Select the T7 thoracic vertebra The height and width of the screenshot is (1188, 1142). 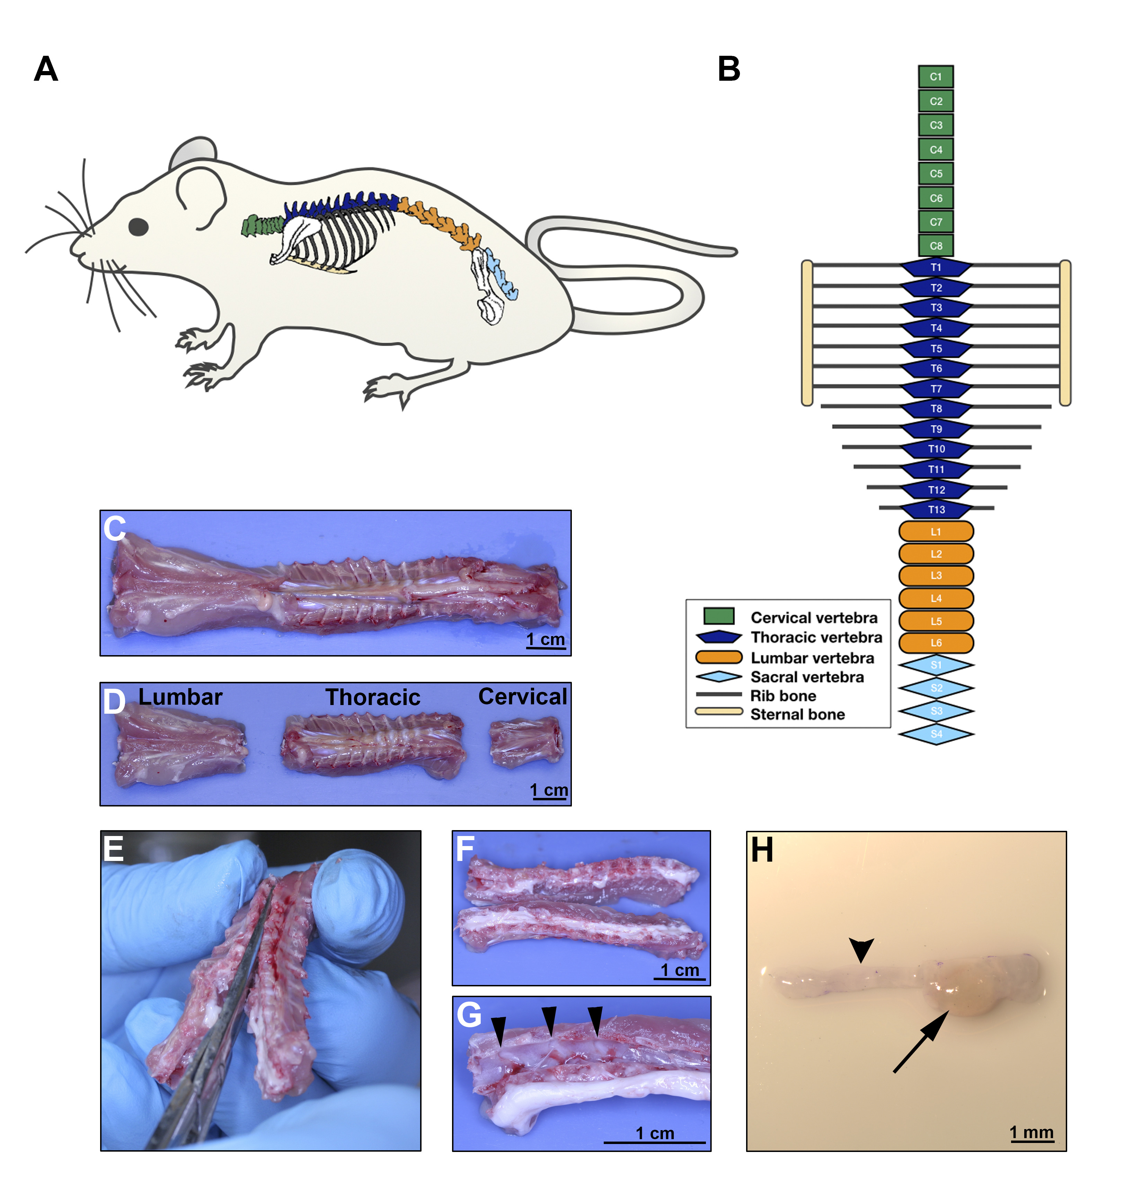click(x=936, y=388)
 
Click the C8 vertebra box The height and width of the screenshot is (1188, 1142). click(x=936, y=246)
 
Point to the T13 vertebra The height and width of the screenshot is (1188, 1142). click(x=936, y=510)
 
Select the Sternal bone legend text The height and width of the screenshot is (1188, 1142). click(x=797, y=715)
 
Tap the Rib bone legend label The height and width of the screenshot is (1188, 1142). click(x=783, y=696)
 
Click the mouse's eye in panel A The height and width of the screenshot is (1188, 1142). click(x=138, y=227)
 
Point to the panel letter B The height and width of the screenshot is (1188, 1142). click(x=729, y=69)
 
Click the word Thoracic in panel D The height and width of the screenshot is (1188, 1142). click(x=373, y=697)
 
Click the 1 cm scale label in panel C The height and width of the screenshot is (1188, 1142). click(x=545, y=640)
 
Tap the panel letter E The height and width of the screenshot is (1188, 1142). click(x=113, y=848)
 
